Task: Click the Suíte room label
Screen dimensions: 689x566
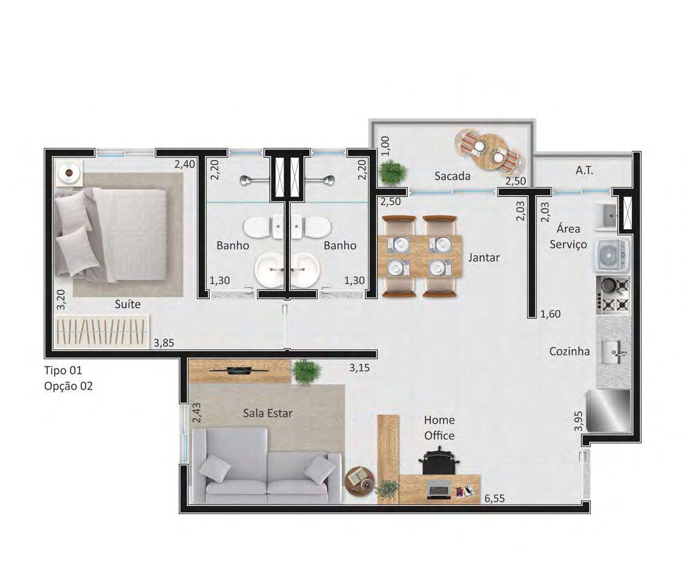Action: [x=128, y=304]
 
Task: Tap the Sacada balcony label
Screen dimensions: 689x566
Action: [x=452, y=176]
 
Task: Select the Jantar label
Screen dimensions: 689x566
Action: [x=484, y=257]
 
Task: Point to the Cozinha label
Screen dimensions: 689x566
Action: [x=570, y=351]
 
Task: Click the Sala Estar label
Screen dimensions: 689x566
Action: [x=268, y=413]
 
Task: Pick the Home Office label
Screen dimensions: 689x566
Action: [x=439, y=428]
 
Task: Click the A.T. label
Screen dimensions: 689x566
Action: [x=584, y=170]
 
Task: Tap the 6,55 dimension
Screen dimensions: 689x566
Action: [x=494, y=499]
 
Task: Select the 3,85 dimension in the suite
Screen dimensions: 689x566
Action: [x=164, y=343]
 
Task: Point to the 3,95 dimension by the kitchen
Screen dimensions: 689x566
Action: [x=578, y=421]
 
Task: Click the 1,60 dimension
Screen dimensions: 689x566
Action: [x=551, y=314]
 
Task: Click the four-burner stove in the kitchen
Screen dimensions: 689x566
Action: [x=613, y=295]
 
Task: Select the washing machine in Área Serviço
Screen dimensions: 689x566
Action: [x=612, y=255]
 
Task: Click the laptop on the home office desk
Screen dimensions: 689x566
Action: [x=439, y=490]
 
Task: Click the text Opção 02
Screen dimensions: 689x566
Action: [x=68, y=386]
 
